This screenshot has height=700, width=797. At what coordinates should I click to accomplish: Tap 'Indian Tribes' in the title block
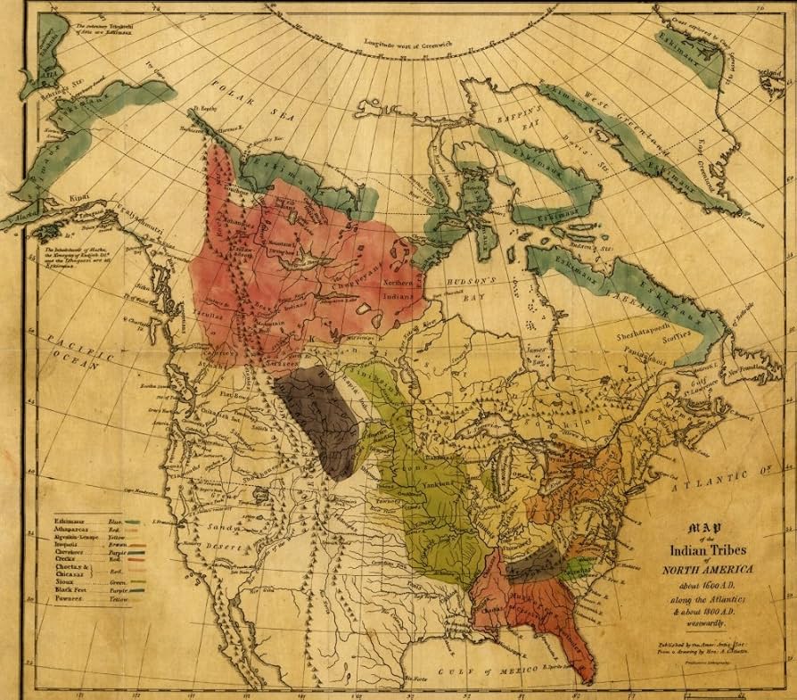(696, 553)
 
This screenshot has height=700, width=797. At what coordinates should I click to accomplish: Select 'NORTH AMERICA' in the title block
(695, 570)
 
